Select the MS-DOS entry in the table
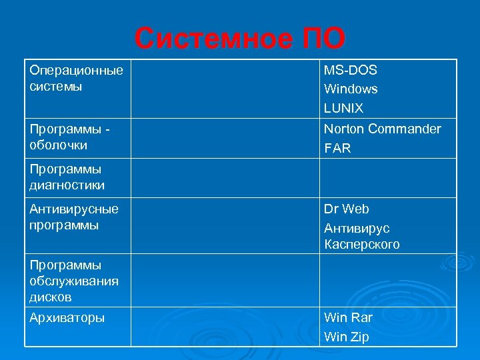350,71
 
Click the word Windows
351,89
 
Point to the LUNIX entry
343,108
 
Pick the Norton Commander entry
382,129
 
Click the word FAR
337,148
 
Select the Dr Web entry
346,209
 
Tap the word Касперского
362,244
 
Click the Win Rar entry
348,317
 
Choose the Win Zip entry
347,337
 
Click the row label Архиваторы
67,317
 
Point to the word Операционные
76,70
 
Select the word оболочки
59,145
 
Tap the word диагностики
67,185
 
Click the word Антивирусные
74,209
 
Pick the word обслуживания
74,281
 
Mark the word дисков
51,297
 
